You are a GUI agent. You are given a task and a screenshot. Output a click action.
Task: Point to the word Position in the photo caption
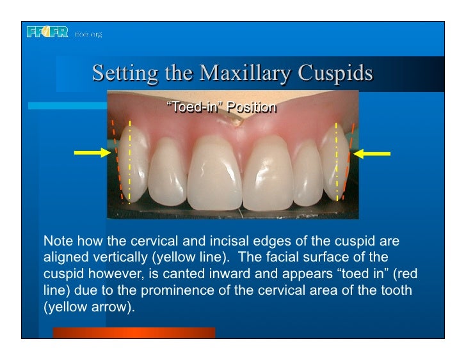click(x=253, y=107)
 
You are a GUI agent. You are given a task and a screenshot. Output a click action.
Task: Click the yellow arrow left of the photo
click(x=92, y=152)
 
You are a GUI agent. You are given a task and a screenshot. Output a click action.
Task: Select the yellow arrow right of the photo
click(x=372, y=153)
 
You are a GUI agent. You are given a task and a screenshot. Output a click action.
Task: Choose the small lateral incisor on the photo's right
click(x=307, y=176)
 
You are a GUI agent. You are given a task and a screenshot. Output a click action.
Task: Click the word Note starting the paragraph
click(x=56, y=242)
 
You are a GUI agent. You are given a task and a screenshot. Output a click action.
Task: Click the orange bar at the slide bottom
click(x=134, y=332)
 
